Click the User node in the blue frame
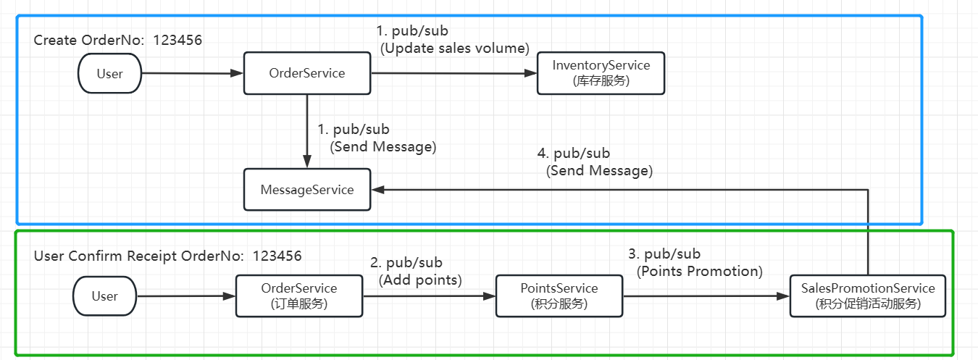[x=109, y=73]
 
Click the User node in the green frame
[x=104, y=296]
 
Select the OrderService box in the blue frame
[x=307, y=73]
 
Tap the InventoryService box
[x=601, y=73]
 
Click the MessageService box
[x=307, y=190]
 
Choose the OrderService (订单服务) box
[x=299, y=296]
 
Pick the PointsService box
[x=559, y=296]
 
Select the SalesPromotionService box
[x=868, y=296]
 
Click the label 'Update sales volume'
[x=455, y=48]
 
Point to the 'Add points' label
[x=419, y=280]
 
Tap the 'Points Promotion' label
[x=700, y=272]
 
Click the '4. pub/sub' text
[x=573, y=154]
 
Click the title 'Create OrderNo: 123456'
[x=118, y=40]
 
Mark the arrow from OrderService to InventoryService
[x=453, y=73]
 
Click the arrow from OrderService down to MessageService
[x=307, y=130]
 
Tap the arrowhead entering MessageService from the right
[x=378, y=189]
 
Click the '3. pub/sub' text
[x=664, y=254]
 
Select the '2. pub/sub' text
[x=406, y=263]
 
